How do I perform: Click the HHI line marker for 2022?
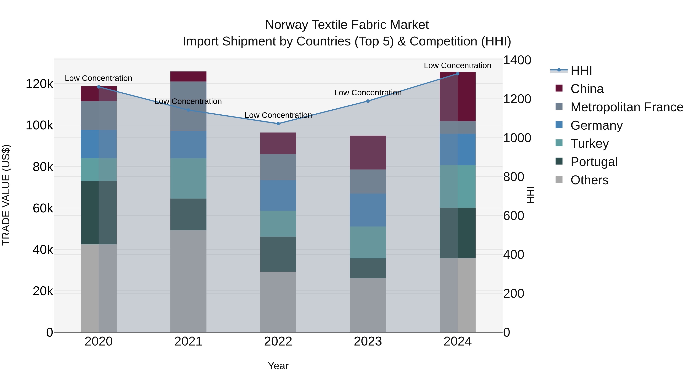pos(278,123)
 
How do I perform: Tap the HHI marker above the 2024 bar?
pos(457,74)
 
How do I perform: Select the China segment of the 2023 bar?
pos(368,152)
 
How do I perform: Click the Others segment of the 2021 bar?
pos(188,281)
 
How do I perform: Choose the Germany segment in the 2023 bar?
pos(368,210)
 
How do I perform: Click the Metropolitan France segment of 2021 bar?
pos(188,106)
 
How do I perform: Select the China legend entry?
pos(587,89)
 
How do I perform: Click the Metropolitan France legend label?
pos(627,107)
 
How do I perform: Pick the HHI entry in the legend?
pos(581,70)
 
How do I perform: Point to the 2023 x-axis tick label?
pos(368,341)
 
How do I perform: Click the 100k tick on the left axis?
pos(39,125)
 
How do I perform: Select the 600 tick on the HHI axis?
pos(514,216)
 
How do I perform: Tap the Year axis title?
pos(278,366)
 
